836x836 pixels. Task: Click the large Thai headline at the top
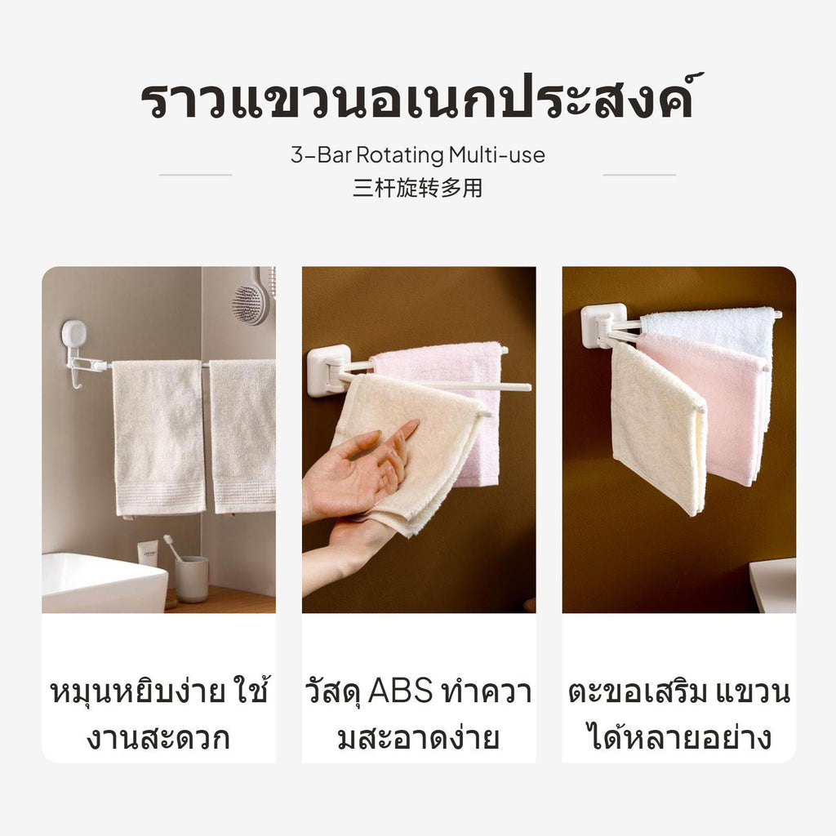point(421,97)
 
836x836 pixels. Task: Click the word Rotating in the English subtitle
point(400,155)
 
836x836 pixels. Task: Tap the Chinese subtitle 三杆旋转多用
point(417,189)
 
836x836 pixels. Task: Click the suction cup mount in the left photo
point(74,334)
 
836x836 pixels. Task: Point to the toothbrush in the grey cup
point(172,548)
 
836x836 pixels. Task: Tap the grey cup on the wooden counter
point(191,579)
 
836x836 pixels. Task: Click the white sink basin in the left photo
point(104,583)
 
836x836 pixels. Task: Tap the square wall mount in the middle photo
point(328,371)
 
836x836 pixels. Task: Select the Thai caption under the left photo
point(159,714)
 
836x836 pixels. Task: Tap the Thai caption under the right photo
point(678,714)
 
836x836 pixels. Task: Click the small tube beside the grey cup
point(149,554)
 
